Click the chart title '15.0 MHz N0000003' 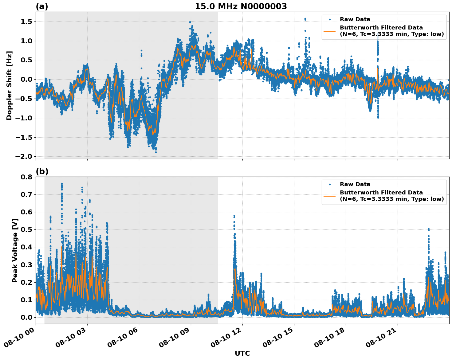[x=241, y=6]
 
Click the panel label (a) [x=42, y=6]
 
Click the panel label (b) [x=42, y=171]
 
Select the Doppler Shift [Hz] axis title [x=9, y=85]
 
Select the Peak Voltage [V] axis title [x=15, y=250]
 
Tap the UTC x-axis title [x=242, y=353]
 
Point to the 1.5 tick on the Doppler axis [x=26, y=22]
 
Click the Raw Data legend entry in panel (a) [x=355, y=19]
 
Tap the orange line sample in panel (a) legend [x=329, y=31]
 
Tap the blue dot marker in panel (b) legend [x=329, y=184]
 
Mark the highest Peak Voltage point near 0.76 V [x=62, y=184]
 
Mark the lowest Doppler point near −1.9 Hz [x=156, y=152]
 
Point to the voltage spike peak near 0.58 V [x=234, y=216]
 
